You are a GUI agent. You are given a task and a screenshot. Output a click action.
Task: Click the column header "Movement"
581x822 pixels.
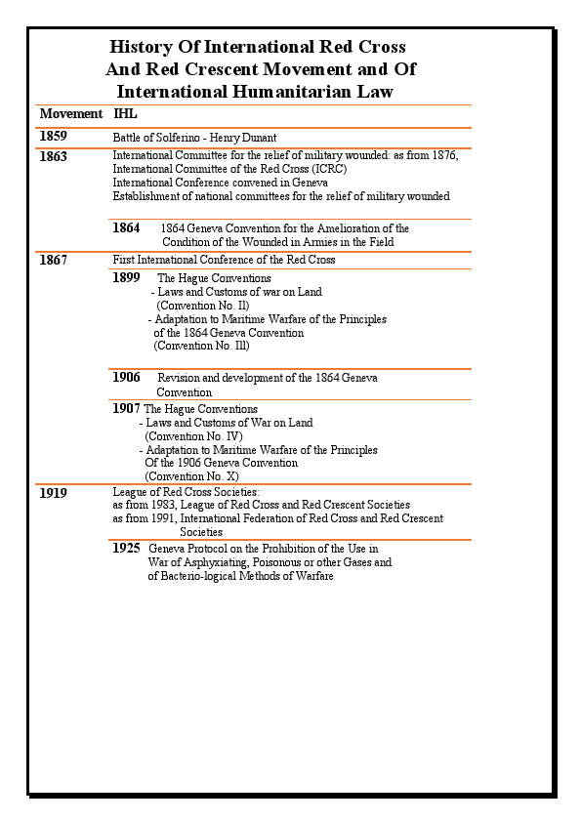point(70,114)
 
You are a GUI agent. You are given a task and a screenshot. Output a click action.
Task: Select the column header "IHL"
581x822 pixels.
point(125,114)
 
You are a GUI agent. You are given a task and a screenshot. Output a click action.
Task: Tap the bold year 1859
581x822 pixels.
point(53,137)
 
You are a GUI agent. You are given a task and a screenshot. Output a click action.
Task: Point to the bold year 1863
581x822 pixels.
point(53,156)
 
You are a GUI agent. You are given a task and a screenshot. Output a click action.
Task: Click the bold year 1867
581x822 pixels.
point(53,260)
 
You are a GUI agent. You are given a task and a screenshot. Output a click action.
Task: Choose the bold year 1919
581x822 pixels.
point(53,493)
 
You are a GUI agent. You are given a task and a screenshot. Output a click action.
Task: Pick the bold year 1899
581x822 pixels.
point(126,278)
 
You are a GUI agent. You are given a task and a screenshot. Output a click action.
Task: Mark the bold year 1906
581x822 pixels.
point(126,378)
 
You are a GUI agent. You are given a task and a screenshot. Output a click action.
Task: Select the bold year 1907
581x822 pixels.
point(126,408)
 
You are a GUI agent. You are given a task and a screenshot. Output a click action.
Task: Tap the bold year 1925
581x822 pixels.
point(126,549)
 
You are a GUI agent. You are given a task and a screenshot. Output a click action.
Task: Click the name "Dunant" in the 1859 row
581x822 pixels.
point(257,138)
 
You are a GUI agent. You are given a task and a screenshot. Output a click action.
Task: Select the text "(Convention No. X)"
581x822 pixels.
point(191,476)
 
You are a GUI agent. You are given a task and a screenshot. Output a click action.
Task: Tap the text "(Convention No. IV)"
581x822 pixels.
point(193,436)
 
